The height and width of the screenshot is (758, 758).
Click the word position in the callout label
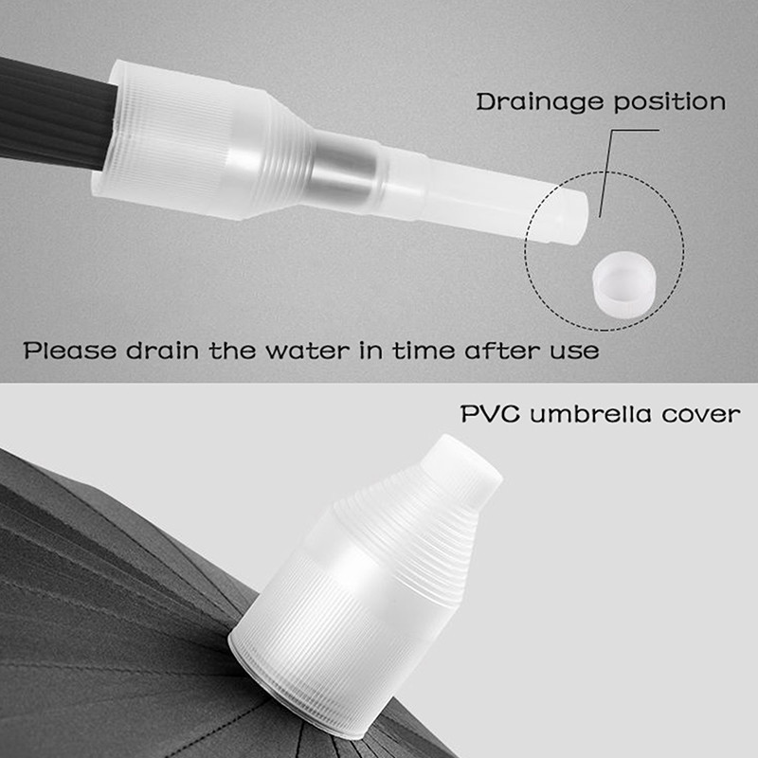point(670,103)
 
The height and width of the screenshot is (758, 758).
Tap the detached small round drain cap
point(624,285)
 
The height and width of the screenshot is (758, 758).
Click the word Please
point(70,350)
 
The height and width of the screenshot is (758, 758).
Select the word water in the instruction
point(307,351)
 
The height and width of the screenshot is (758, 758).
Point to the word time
point(424,350)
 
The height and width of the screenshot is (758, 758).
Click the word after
point(502,350)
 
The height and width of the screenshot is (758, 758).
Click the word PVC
point(490,414)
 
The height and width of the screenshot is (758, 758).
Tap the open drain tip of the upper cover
point(570,217)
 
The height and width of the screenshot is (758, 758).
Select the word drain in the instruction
point(162,350)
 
